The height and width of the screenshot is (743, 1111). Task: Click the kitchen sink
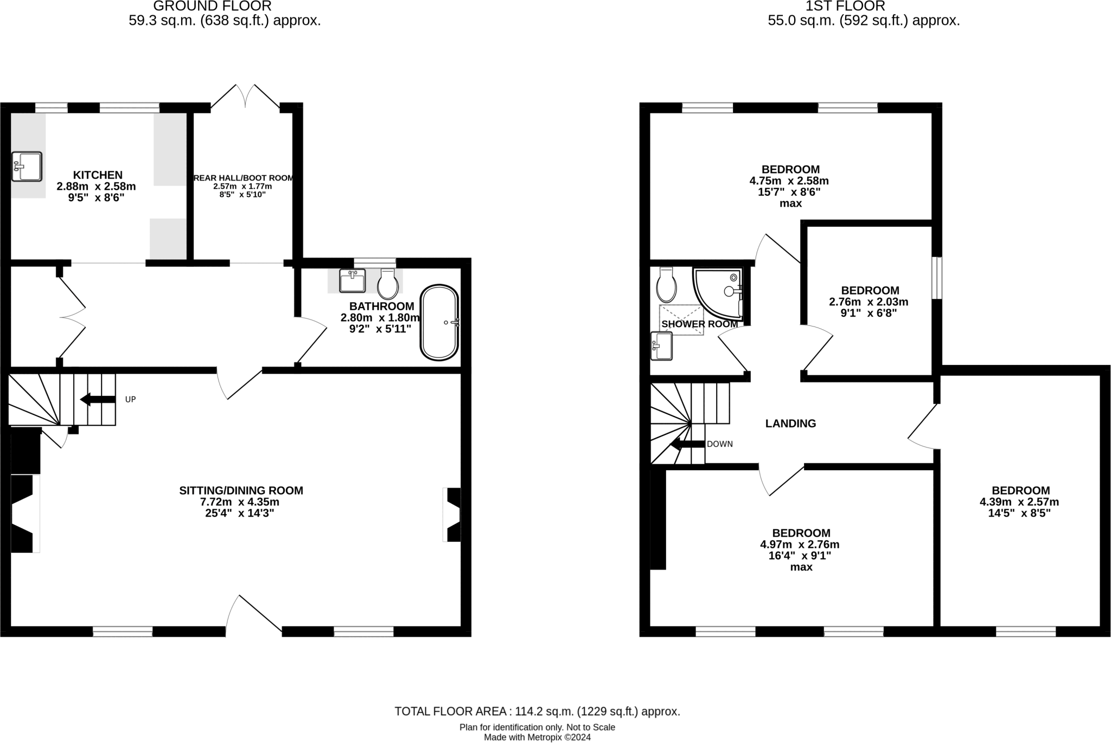[x=27, y=166]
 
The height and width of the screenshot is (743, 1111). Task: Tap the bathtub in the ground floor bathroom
[x=439, y=322]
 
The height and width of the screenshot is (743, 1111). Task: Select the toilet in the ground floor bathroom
[x=388, y=284]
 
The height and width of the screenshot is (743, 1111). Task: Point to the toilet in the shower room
[x=666, y=285]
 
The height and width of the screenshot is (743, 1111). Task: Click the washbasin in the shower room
[x=661, y=346]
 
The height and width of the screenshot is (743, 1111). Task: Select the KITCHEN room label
[x=98, y=175]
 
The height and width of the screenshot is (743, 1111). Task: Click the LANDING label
[x=790, y=424]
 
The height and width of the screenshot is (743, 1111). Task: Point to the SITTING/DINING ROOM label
[x=241, y=490]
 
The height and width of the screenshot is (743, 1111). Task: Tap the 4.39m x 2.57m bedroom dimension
[x=1019, y=502]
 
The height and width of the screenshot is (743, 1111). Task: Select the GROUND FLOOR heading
[x=212, y=7]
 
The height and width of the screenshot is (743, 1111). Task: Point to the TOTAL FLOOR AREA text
[x=537, y=711]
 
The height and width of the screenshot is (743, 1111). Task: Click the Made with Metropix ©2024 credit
[x=537, y=737]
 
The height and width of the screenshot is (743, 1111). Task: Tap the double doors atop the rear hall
[x=246, y=98]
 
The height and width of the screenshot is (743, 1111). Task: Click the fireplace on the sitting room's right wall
[x=452, y=515]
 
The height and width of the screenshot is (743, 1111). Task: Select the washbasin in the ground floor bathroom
[x=353, y=280]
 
